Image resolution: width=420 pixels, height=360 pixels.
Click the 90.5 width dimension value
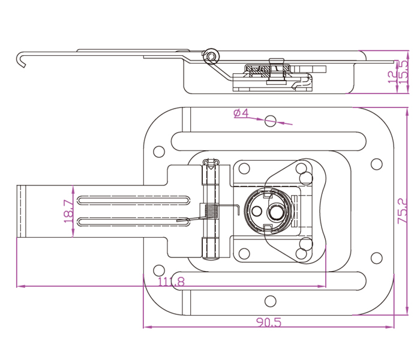(268, 322)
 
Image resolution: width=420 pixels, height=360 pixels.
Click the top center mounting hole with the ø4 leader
(270, 121)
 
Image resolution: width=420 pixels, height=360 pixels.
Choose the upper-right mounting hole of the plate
(376, 163)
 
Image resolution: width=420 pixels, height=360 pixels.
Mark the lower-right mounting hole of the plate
(376, 258)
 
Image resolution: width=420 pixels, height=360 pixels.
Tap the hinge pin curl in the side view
(210, 56)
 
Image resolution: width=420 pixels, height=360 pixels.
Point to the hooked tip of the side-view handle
(22, 61)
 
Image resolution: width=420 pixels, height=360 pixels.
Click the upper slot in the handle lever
(132, 199)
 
